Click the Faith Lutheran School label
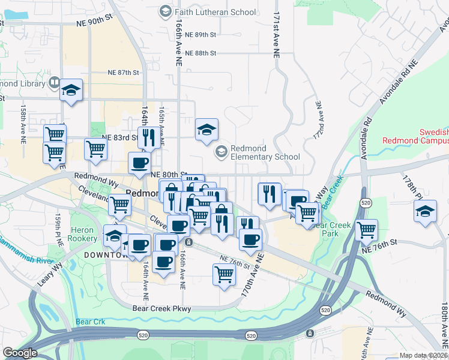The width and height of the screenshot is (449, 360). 215,11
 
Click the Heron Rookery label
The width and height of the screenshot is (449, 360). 83,234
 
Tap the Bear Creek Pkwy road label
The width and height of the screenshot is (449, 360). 161,308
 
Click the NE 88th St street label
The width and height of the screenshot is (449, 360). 200,53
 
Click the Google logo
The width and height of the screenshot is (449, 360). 20,353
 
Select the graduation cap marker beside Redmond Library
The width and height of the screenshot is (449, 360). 71,91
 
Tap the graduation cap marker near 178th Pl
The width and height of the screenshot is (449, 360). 425,212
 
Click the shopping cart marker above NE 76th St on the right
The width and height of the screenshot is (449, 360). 366,229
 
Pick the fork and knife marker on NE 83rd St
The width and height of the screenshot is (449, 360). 148,137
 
